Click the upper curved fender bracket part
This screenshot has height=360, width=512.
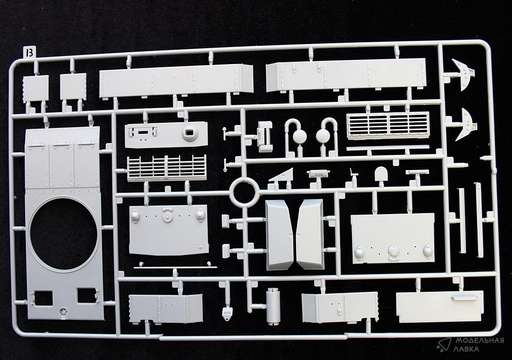462,75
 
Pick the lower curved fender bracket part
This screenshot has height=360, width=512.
462,124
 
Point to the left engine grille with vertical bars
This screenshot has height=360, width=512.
166,167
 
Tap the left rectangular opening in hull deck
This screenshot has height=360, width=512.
42,297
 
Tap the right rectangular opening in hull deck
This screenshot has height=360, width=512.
86,295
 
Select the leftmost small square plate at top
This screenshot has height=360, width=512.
35,88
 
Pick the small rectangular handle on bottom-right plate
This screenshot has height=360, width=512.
462,298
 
